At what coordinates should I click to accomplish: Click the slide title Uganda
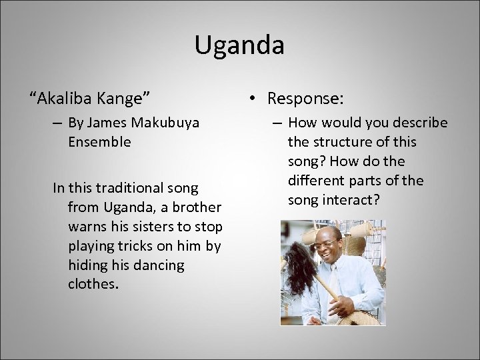point(239,45)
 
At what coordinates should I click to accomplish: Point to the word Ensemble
point(99,141)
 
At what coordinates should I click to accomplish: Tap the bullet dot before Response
point(253,99)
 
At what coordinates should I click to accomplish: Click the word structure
point(346,142)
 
